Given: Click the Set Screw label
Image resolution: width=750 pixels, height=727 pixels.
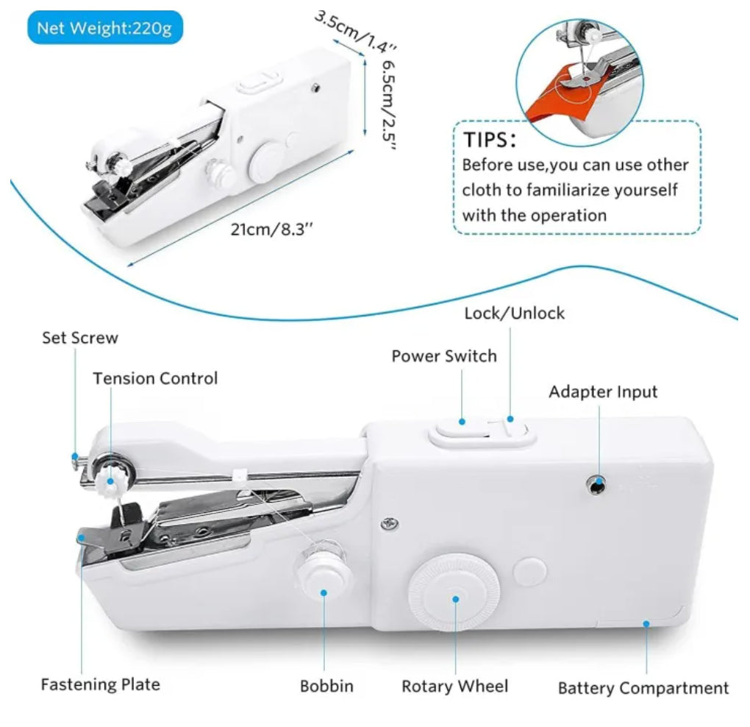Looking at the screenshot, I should click(x=79, y=338).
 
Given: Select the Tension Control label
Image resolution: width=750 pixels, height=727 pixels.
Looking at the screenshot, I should click(x=155, y=378).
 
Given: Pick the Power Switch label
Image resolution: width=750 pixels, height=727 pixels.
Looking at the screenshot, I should click(x=443, y=356).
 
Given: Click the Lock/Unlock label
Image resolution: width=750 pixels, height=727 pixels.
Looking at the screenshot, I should click(x=514, y=313).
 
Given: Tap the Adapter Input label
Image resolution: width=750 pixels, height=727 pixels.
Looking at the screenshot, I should click(x=603, y=391).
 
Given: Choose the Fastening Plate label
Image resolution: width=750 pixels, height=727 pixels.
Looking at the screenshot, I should click(x=100, y=684).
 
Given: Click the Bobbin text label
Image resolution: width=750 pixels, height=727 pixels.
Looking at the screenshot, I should click(x=326, y=686).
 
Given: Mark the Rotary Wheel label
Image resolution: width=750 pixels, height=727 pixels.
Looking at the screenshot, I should click(x=454, y=686).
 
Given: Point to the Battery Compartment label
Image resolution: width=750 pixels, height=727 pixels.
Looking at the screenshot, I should click(x=643, y=688).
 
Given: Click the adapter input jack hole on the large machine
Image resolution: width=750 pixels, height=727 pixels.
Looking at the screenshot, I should click(x=599, y=483).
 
